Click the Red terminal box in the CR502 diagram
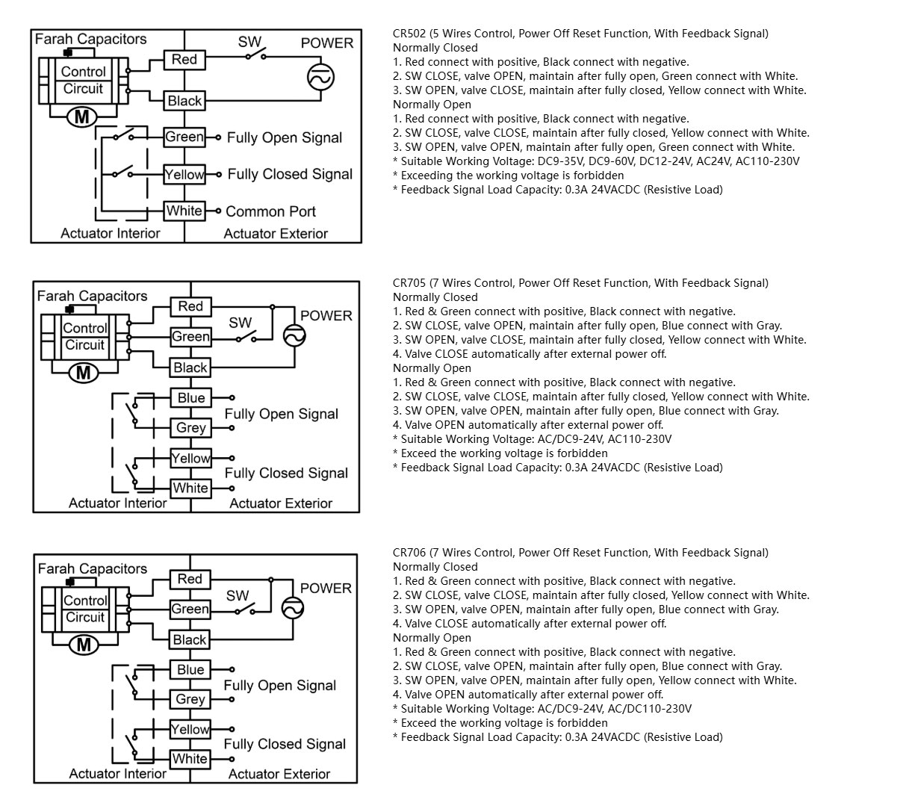pos(184,60)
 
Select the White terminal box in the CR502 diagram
pos(184,211)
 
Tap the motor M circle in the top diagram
pos(81,117)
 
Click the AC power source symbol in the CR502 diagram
pos(320,78)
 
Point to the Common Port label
pos(270,211)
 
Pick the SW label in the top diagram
pos(249,42)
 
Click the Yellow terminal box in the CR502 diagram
pos(184,175)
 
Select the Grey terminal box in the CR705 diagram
pos(190,428)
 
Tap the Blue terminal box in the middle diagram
pos(190,397)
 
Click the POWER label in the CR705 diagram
pos(326,316)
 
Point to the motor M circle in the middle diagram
pos(83,373)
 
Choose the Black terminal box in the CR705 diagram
pos(190,367)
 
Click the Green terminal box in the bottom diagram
pos(190,609)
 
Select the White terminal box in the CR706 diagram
pos(190,759)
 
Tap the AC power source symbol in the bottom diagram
pos(293,608)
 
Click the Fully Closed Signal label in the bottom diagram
pos(285,744)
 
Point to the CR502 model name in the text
pos(409,34)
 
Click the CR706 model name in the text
pos(409,553)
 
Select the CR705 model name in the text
pos(409,283)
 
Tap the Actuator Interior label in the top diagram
pos(111,233)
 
